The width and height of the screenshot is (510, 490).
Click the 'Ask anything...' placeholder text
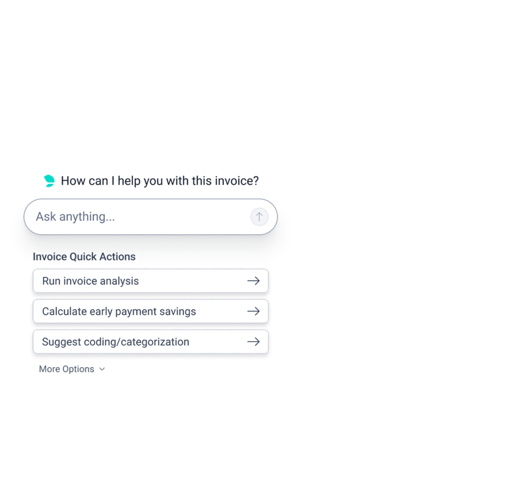(75, 217)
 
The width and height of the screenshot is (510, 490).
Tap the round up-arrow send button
(259, 217)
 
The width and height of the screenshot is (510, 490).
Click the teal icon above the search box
(49, 180)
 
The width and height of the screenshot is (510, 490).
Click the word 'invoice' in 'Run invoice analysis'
(81, 281)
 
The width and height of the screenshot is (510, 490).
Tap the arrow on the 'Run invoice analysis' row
(253, 281)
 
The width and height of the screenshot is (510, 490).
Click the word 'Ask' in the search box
(46, 217)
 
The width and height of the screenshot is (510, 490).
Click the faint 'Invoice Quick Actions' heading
(84, 255)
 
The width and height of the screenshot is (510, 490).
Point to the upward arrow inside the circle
(259, 217)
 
